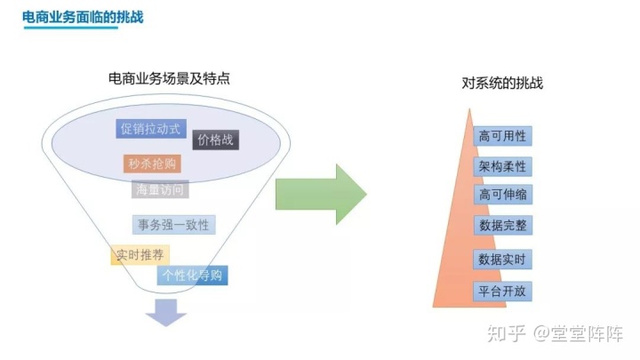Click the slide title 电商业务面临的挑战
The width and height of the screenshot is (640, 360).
tap(83, 17)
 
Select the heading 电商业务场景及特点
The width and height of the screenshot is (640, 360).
tap(169, 78)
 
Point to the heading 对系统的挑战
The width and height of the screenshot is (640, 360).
tap(502, 83)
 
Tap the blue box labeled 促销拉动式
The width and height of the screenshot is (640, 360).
tap(151, 129)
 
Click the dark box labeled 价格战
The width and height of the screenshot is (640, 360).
tap(215, 140)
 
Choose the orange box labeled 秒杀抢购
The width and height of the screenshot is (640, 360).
tap(152, 164)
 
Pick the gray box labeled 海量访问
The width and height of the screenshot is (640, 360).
tap(160, 189)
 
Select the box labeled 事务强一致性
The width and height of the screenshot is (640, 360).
tap(174, 225)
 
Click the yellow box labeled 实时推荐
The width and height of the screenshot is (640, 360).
tap(140, 255)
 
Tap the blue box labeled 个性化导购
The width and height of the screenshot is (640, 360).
tap(192, 275)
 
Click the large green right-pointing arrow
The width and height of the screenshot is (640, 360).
tap(321, 195)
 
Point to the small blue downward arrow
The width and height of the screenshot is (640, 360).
tap(166, 313)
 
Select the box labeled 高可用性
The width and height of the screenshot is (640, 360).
tap(502, 136)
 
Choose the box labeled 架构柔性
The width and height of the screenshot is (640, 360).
tap(502, 166)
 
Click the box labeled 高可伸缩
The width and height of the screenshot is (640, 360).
tap(503, 195)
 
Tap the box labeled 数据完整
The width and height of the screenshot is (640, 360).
tap(503, 225)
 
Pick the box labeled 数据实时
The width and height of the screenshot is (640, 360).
tap(502, 260)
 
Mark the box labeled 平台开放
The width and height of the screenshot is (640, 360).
tap(502, 292)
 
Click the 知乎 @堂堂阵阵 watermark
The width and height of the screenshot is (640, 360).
tap(555, 333)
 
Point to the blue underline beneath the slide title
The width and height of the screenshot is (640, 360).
tap(71, 28)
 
